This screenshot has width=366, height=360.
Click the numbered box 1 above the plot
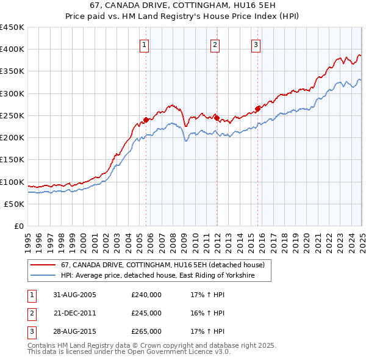(144, 44)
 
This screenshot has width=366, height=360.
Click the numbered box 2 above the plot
(215, 44)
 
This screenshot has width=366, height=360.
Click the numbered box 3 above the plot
(256, 44)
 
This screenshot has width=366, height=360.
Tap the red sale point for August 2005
(146, 120)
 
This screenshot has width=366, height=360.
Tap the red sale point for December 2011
(217, 117)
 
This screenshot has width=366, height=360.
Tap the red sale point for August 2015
(257, 109)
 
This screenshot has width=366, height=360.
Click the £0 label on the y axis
(19, 226)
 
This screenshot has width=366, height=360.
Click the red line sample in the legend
(43, 265)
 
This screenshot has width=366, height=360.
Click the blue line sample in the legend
(43, 276)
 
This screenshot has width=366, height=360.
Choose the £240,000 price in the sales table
(146, 295)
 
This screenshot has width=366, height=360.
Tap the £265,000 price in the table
(146, 332)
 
